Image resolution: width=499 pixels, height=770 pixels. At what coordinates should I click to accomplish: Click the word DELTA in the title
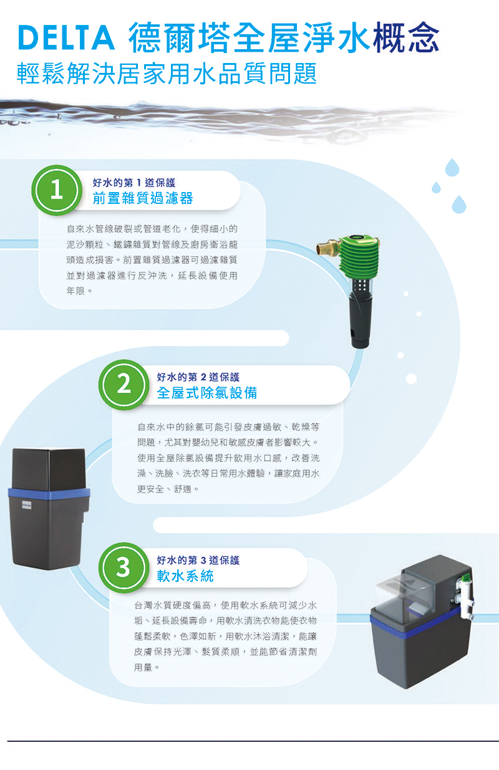[x=66, y=39]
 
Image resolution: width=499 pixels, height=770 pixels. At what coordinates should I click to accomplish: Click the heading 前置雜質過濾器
[x=143, y=199]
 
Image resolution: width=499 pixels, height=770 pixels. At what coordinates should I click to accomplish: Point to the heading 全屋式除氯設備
[x=206, y=393]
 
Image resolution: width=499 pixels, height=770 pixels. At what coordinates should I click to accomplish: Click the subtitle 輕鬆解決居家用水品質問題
[x=167, y=74]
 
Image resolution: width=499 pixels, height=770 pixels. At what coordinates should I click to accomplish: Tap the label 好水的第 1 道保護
[x=134, y=183]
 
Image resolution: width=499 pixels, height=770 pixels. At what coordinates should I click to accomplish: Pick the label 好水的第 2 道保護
[x=198, y=377]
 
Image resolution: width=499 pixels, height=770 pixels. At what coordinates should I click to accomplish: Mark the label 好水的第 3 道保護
[x=198, y=560]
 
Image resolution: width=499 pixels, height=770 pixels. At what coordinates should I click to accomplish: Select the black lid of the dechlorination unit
[x=47, y=463]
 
